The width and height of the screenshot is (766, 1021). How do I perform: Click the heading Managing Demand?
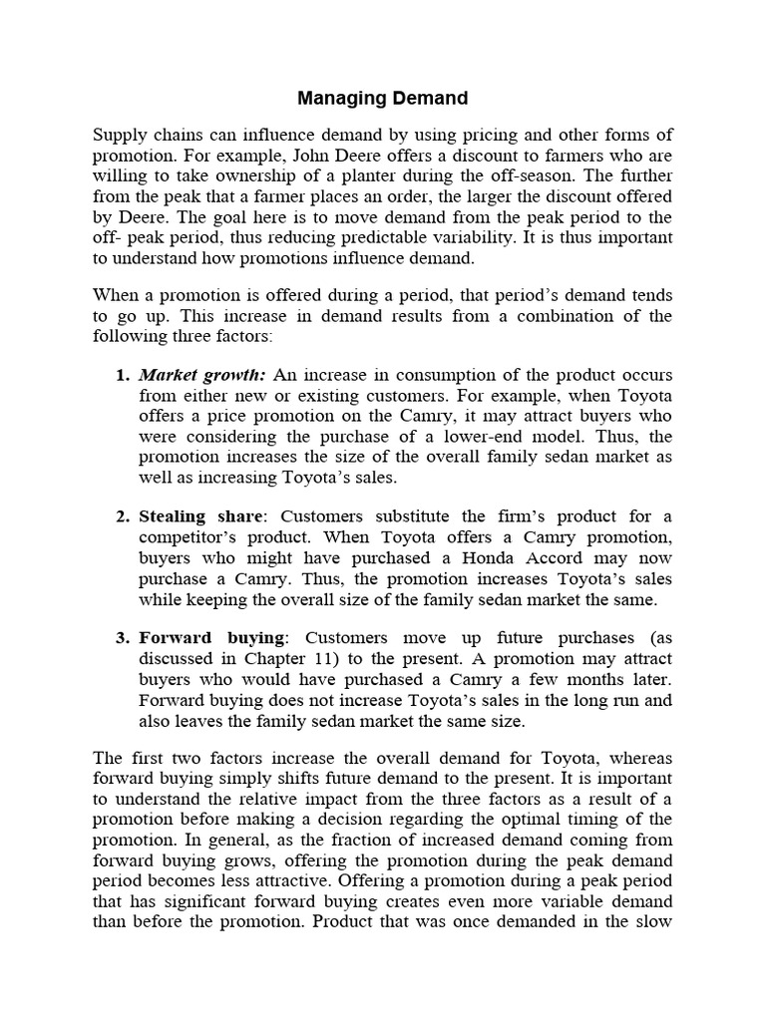point(383,98)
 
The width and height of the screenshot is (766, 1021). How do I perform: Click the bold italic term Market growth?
point(202,375)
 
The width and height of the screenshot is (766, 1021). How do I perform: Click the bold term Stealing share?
point(202,515)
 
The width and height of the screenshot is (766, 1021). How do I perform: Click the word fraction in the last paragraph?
point(359,840)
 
